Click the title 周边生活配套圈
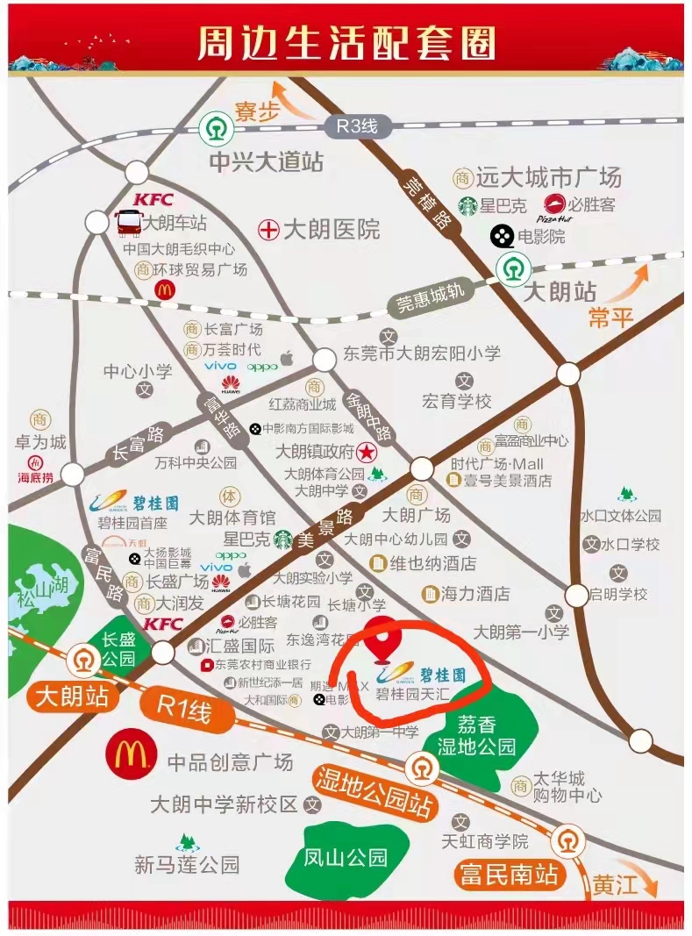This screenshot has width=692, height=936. (x=346, y=42)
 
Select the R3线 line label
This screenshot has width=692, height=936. (x=357, y=126)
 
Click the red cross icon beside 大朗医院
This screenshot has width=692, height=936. (x=268, y=230)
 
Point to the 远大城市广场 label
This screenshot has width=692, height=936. (x=549, y=177)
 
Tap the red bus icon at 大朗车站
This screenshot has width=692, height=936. (x=128, y=224)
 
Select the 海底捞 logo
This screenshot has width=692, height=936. (x=36, y=469)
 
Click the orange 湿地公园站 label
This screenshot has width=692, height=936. (x=375, y=790)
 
